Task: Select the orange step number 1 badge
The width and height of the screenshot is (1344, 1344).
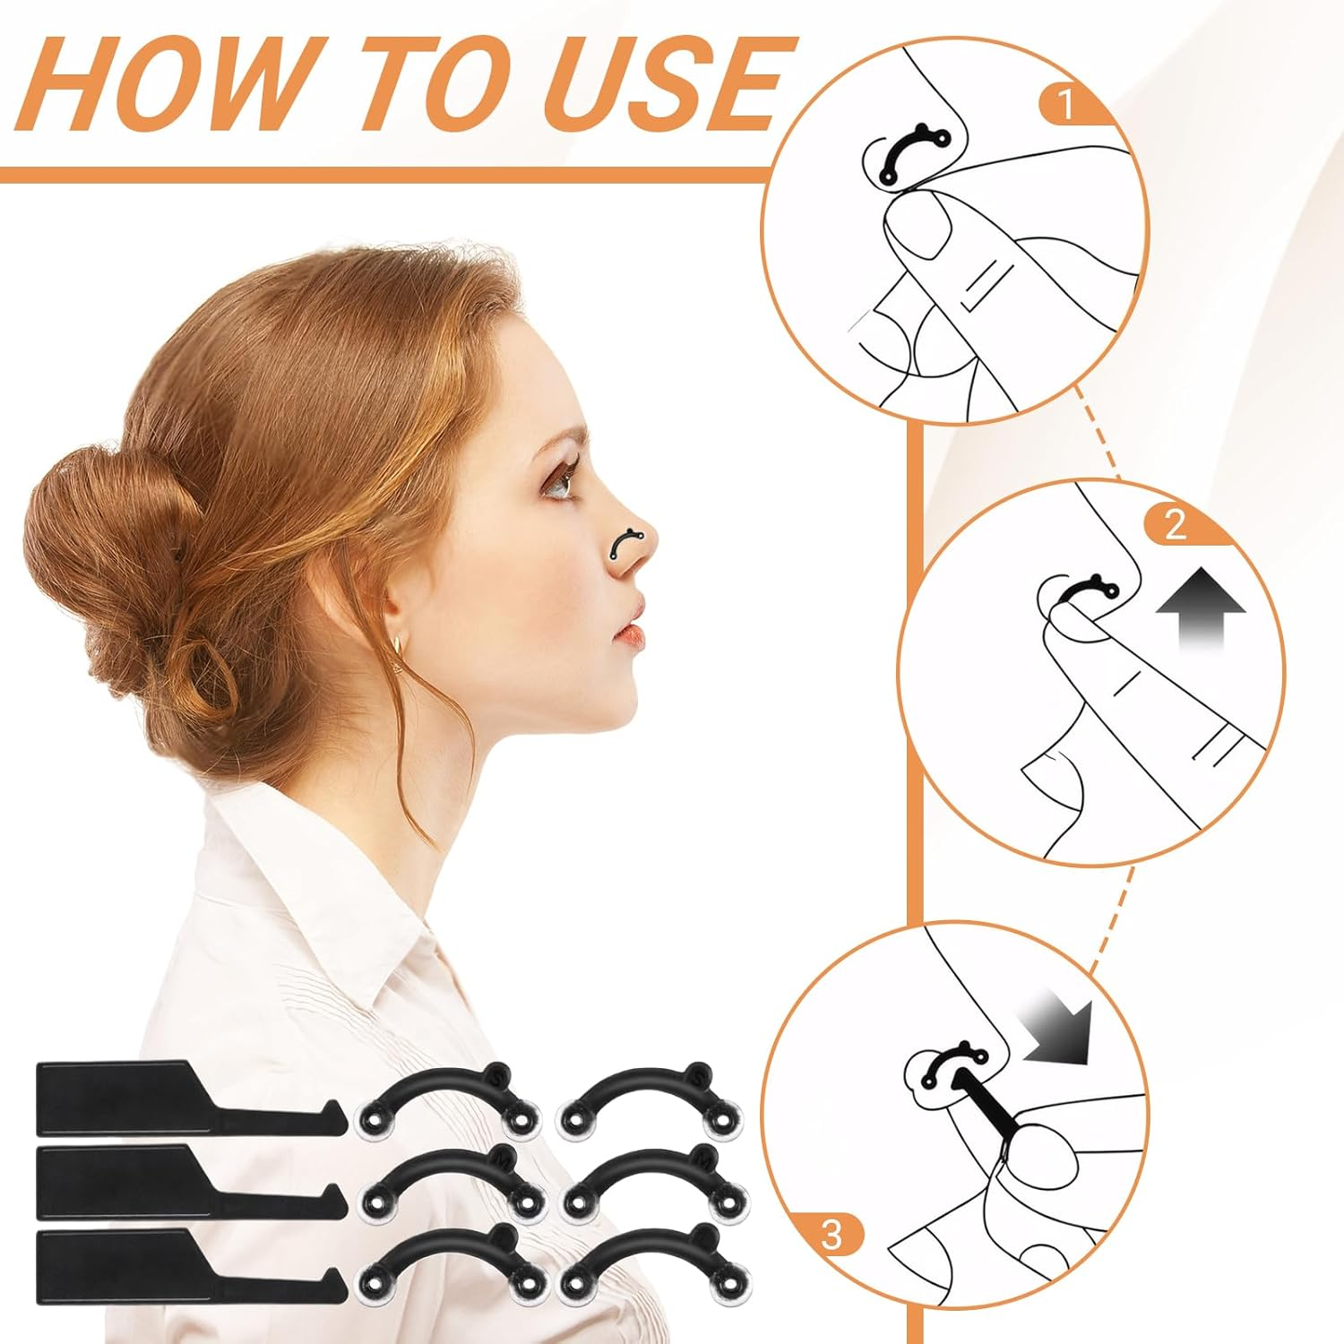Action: coord(1065,105)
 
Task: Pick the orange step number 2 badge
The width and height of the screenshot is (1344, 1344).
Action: coord(1175,524)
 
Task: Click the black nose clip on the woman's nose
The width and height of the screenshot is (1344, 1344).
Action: coord(625,542)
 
